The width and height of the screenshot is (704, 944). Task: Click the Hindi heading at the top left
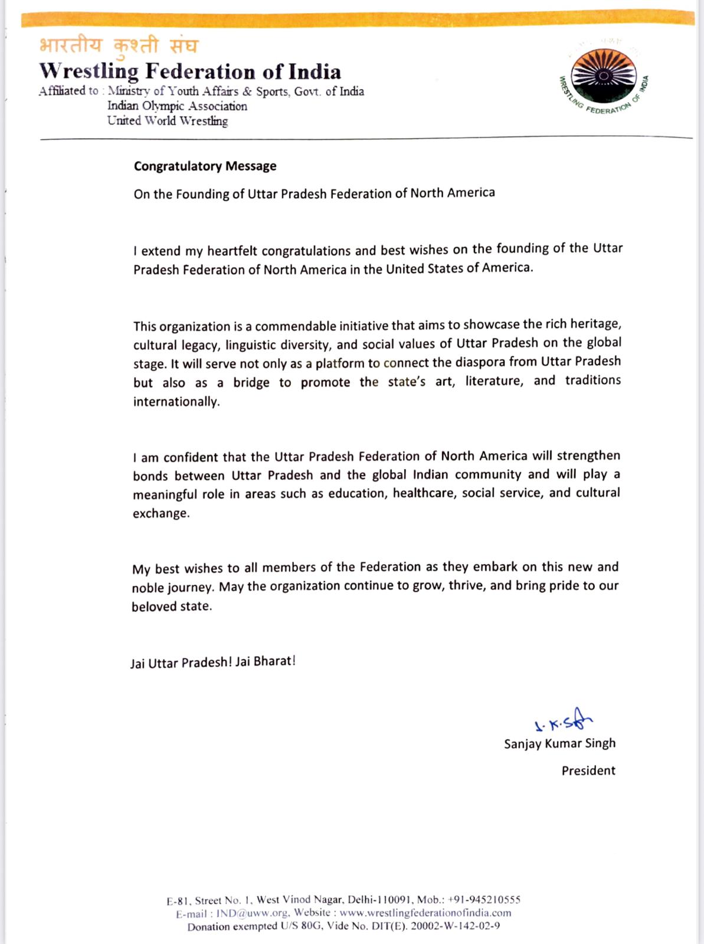click(x=119, y=45)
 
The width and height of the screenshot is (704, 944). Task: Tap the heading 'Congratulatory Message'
click(x=205, y=166)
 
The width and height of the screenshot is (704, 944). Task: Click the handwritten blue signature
click(x=562, y=721)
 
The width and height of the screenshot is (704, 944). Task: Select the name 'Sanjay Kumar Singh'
click(x=559, y=743)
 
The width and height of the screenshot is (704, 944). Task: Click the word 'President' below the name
click(x=588, y=771)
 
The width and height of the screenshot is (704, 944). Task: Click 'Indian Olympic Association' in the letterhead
click(x=177, y=106)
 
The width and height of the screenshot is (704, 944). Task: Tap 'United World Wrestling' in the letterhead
click(x=167, y=121)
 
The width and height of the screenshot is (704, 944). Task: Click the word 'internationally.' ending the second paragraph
click(x=176, y=402)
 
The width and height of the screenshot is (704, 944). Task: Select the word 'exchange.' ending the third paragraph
click(x=161, y=513)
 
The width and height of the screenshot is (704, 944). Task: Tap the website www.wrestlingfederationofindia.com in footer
click(x=425, y=913)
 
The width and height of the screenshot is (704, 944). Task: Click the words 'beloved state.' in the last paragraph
click(x=171, y=607)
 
